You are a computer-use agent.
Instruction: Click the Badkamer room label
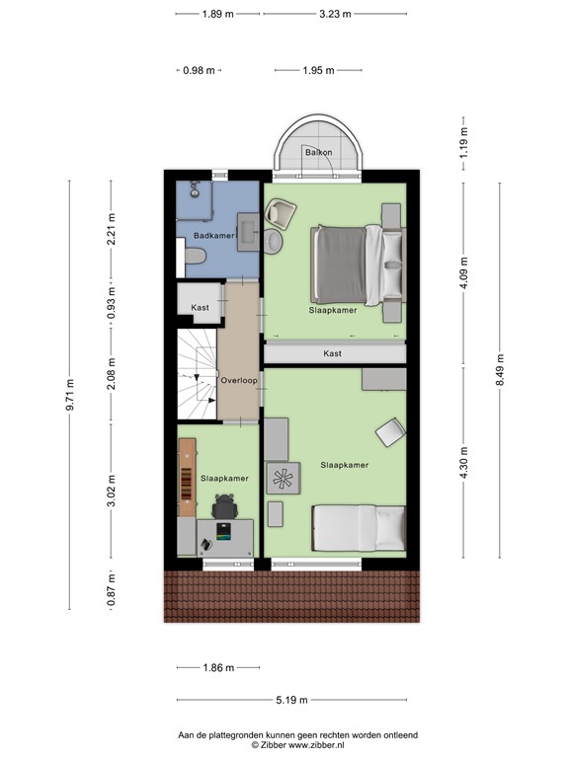coord(213,236)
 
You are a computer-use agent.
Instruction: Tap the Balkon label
coord(318,153)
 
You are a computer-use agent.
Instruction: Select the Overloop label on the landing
coord(239,380)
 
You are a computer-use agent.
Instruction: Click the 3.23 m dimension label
coord(335,14)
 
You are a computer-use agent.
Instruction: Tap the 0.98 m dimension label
coord(200,70)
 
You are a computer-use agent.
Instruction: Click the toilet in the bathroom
coord(194,258)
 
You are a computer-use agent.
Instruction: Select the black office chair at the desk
coord(225,506)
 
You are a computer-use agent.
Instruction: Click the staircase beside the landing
coord(197,374)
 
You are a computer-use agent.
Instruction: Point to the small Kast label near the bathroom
coord(201,308)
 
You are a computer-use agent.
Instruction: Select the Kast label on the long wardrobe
coord(333,353)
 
